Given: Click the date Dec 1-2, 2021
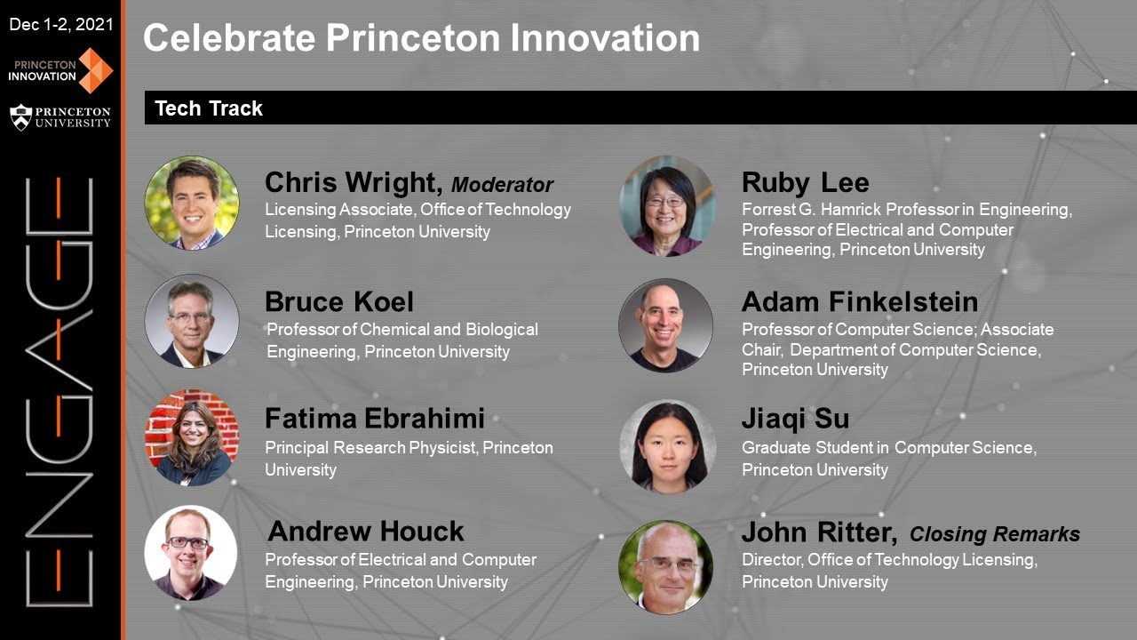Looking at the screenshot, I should (x=60, y=24).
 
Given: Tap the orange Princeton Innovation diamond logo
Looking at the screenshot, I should (x=96, y=70).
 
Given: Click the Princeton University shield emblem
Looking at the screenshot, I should (x=20, y=116).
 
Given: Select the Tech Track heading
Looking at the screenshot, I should (x=209, y=108).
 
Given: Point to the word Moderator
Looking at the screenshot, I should (x=502, y=185).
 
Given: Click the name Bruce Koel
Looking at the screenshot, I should (x=339, y=301).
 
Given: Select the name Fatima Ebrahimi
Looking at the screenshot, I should (x=375, y=418).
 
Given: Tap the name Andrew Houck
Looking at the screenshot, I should (x=365, y=532).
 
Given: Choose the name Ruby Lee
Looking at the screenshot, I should (x=805, y=183).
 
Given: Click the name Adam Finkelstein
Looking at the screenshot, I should (x=859, y=301).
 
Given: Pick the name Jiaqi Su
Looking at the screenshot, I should (x=795, y=419).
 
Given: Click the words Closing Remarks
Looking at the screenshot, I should (x=995, y=534).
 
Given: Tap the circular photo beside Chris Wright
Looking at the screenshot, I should (x=192, y=203).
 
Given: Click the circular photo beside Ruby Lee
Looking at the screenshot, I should (x=667, y=206).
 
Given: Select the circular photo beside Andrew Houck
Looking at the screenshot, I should (x=191, y=552).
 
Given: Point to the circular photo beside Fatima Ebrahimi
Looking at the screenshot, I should (x=192, y=437).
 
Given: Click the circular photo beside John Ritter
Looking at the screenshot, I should (x=665, y=567).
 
